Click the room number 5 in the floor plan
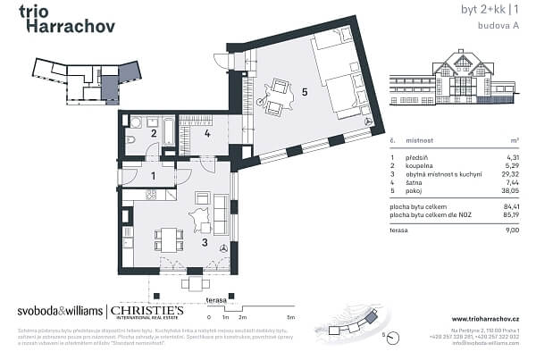click(x=305, y=90)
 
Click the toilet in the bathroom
click(x=131, y=140)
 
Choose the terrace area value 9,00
click(x=510, y=230)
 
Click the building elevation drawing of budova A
click(x=455, y=85)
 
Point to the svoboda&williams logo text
click(x=60, y=312)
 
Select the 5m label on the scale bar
click(x=290, y=317)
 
